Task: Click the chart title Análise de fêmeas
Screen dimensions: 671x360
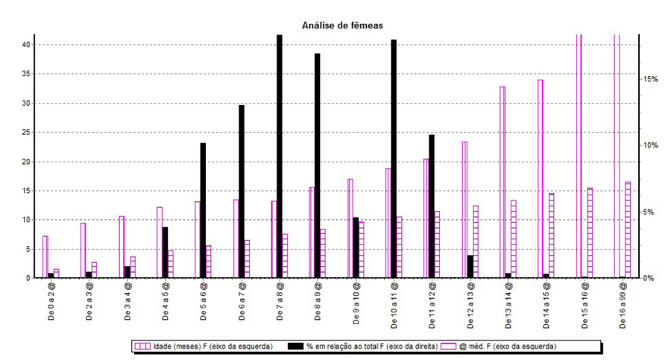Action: pos(342,25)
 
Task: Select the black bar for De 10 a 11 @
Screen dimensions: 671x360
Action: pos(394,159)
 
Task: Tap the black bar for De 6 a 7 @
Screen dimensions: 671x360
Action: pos(242,192)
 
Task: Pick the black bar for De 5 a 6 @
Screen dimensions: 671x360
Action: pos(203,211)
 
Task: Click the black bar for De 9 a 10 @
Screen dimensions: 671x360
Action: pos(356,248)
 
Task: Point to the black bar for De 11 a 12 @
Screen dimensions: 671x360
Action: pos(432,206)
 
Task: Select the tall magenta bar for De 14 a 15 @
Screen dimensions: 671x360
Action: pos(540,179)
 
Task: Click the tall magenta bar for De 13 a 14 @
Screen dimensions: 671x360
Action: pos(503,183)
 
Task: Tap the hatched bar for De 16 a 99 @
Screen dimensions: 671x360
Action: pos(628,230)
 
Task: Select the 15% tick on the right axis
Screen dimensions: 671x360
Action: pos(649,79)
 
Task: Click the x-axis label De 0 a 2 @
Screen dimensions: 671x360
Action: pos(51,301)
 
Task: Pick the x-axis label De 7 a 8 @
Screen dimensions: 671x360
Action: pos(280,301)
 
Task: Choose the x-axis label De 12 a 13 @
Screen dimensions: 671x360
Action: pos(470,305)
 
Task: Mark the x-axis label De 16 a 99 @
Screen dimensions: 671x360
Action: pos(623,305)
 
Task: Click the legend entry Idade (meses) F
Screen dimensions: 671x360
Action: pos(204,347)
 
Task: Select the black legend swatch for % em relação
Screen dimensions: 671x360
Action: pos(295,347)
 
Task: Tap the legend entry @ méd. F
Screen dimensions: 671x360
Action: pos(499,347)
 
